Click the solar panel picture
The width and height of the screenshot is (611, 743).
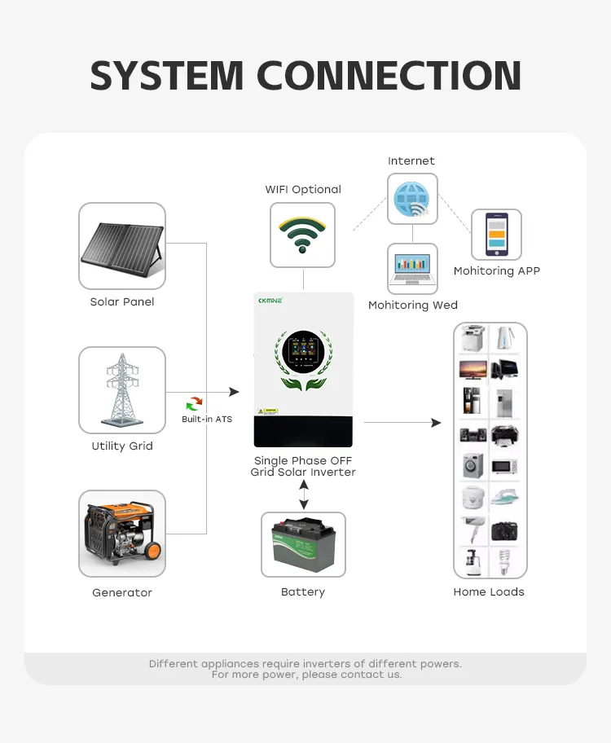click(x=122, y=245)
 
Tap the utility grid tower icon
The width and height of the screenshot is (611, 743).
click(x=122, y=390)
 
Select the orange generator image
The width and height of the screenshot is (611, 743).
click(x=122, y=534)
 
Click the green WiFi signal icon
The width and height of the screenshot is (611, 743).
click(x=303, y=234)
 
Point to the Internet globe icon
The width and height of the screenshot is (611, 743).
click(x=411, y=199)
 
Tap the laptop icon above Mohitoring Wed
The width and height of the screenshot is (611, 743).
click(x=411, y=268)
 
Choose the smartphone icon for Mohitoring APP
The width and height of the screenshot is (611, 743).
click(x=496, y=235)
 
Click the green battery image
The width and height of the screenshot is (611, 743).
click(x=303, y=543)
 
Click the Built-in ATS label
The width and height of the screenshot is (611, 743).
click(x=207, y=420)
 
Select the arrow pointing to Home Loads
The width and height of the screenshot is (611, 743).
click(x=402, y=423)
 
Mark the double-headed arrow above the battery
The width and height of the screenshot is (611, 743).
click(x=304, y=495)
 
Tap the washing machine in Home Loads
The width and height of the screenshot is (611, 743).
click(x=473, y=466)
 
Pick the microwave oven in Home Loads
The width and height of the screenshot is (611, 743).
click(x=504, y=466)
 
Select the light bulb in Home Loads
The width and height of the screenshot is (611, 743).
click(x=504, y=560)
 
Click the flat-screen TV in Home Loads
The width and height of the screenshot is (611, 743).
click(x=473, y=369)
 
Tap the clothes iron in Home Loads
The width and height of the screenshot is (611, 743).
click(x=504, y=497)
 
